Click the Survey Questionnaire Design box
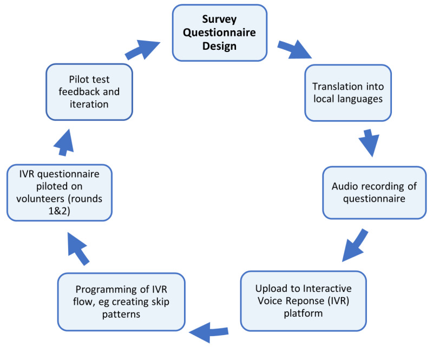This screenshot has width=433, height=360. coord(219,33)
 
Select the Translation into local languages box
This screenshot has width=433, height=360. coord(347,93)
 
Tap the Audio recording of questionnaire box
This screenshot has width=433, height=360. coord(374,192)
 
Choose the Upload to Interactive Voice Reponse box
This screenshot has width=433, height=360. coord(303,300)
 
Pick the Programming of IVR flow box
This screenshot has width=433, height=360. coord(121,302)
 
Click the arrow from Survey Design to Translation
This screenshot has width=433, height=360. coord(295,49)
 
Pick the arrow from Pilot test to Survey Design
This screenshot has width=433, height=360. coord(143,49)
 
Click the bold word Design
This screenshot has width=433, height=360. coord(219,46)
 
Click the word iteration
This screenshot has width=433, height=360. coord(89,103)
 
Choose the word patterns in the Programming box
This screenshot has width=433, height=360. coord(121,313)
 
